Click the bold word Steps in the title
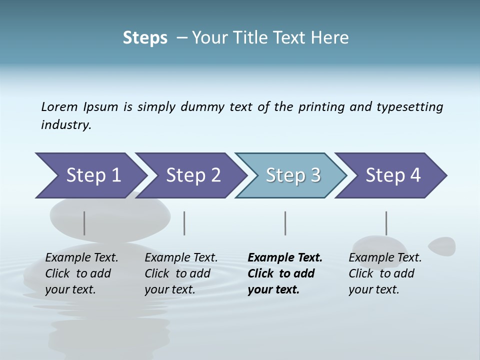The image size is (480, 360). point(145,38)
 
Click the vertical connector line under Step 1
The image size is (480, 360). point(84,223)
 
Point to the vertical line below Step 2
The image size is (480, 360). point(184,223)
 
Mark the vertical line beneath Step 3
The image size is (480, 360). point(285,223)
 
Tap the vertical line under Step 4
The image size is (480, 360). point(386,223)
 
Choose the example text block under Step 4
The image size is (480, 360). point(385,273)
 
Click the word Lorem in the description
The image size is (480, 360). point(59,107)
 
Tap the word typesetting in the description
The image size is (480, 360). point(409,107)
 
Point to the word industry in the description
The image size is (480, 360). point(66,125)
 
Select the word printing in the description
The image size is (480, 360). point(321,107)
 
